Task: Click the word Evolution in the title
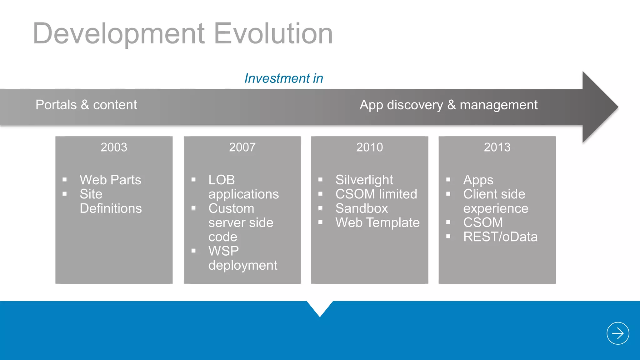[273, 33]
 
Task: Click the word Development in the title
[119, 33]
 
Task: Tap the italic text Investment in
[283, 78]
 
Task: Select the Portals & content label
[86, 105]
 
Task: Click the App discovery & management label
[448, 105]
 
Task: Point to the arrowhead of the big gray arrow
[600, 107]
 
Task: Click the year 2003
[114, 147]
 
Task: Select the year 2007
[242, 147]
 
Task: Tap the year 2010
[369, 147]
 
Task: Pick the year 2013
[497, 147]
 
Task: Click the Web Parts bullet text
[110, 180]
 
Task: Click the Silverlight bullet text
[364, 180]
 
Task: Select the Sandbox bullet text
[362, 208]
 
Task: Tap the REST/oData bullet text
[500, 237]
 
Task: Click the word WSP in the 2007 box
[223, 251]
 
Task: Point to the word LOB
[222, 180]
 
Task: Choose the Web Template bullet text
[377, 222]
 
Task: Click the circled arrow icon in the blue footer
[617, 333]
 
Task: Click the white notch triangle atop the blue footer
[320, 307]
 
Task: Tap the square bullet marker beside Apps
[448, 179]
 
